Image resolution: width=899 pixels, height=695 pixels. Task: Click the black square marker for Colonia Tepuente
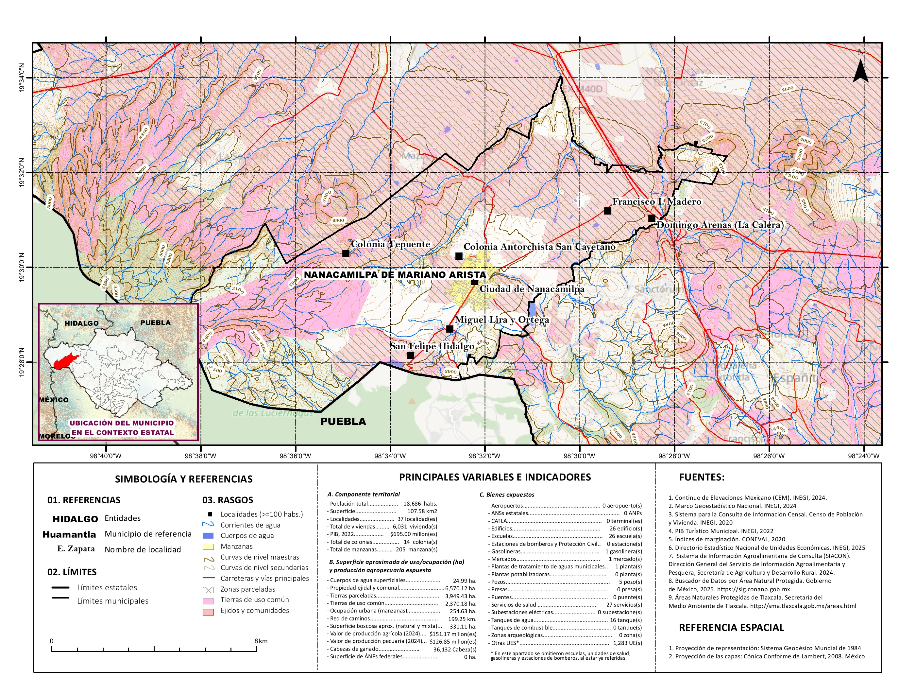346,253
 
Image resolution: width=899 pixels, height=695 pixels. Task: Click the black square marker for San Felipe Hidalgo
410,355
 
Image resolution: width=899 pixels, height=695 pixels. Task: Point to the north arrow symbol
860,70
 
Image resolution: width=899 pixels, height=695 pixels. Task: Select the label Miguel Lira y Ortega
501,320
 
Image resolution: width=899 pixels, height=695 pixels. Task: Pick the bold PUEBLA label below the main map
343,421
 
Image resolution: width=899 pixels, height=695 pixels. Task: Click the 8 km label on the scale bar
261,641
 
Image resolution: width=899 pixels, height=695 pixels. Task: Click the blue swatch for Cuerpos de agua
208,536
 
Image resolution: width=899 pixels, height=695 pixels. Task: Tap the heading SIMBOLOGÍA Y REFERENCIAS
184,479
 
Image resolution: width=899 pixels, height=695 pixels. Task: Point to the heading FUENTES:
702,477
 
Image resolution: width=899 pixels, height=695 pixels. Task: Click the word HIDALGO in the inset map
81,323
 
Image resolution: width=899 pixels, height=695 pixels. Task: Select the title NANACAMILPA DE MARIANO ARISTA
394,275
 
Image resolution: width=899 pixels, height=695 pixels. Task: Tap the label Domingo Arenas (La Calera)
720,225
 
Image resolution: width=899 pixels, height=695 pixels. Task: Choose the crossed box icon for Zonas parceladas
208,590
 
